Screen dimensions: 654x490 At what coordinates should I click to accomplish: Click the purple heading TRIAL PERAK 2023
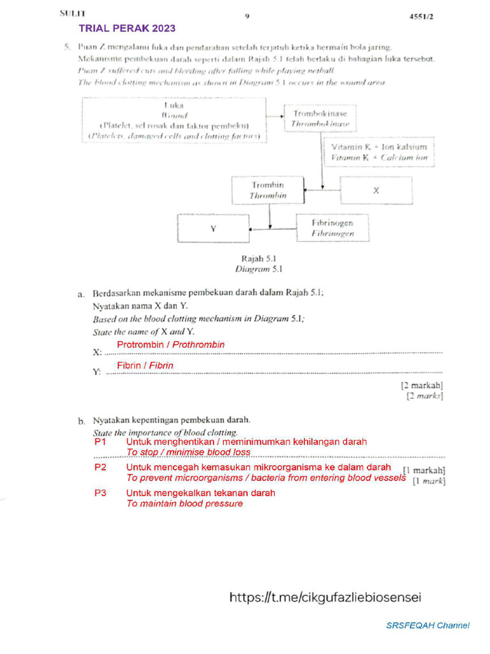[x=127, y=28]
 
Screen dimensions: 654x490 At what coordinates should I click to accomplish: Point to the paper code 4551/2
[x=421, y=17]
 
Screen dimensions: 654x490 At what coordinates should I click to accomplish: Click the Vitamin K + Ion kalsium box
[x=379, y=152]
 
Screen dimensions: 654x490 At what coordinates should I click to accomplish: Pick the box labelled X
[x=376, y=191]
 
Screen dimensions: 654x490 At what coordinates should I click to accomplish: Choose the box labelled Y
[x=212, y=229]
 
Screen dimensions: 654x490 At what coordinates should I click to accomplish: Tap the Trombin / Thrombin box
[x=268, y=190]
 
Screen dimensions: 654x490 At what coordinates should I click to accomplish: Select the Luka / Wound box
[x=174, y=119]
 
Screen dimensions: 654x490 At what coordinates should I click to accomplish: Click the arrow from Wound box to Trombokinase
[x=275, y=116]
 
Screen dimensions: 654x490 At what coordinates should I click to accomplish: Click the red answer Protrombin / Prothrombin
[x=170, y=345]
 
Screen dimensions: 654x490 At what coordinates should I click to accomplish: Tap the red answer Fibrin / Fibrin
[x=145, y=365]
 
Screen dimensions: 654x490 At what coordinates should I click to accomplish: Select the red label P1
[x=100, y=441]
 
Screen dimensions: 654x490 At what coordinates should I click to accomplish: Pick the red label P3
[x=100, y=493]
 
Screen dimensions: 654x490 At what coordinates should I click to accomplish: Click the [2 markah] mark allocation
[x=422, y=385]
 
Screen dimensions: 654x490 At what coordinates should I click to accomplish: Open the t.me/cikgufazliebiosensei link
[x=325, y=598]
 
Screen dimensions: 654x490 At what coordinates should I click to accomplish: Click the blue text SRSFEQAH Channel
[x=427, y=625]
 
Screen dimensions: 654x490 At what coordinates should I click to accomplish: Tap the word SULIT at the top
[x=72, y=13]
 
